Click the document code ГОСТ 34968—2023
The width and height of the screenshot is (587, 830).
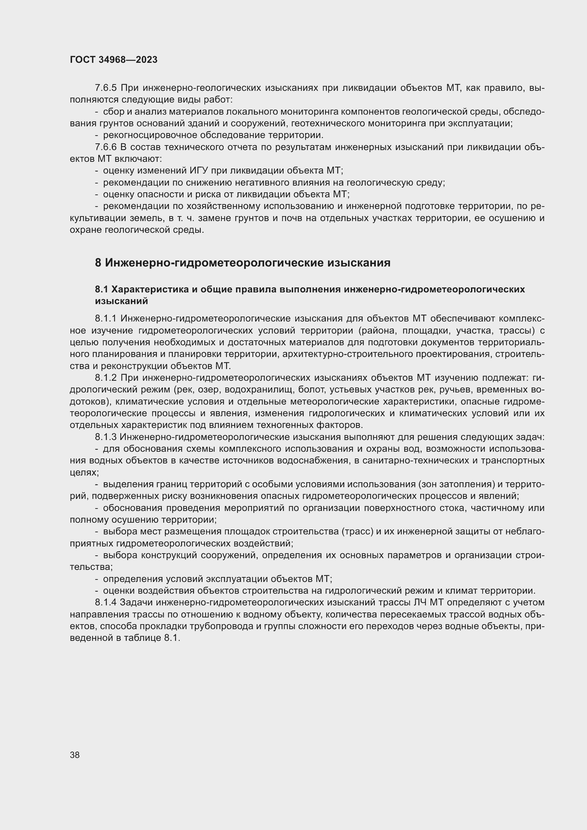pos(114,60)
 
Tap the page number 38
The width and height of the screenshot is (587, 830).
pos(75,755)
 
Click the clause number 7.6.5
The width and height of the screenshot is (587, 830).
pos(106,88)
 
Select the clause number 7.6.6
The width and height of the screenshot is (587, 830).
pos(106,147)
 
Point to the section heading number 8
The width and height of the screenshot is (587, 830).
pos(98,263)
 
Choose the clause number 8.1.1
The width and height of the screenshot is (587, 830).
pos(106,318)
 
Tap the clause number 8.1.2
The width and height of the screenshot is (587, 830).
pos(106,378)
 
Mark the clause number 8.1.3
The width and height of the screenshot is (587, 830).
pos(105,437)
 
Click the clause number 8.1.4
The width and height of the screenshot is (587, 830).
pos(105,603)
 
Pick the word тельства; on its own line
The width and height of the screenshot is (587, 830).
pos(91,567)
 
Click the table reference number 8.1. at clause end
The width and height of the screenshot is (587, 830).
pos(172,638)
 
